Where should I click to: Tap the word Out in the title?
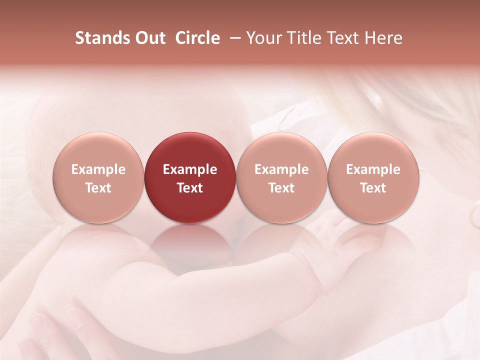(149, 38)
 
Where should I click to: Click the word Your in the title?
(262, 38)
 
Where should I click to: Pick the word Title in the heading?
(299, 38)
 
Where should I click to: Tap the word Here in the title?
(382, 38)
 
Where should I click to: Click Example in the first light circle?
(98, 169)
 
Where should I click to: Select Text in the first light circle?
(98, 188)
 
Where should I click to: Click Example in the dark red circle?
(190, 169)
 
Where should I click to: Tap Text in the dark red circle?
(190, 188)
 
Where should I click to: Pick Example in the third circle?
(281, 169)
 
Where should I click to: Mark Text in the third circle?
(281, 188)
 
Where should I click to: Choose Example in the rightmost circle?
(373, 169)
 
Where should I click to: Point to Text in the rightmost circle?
(373, 188)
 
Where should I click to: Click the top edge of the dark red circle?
(190, 133)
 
